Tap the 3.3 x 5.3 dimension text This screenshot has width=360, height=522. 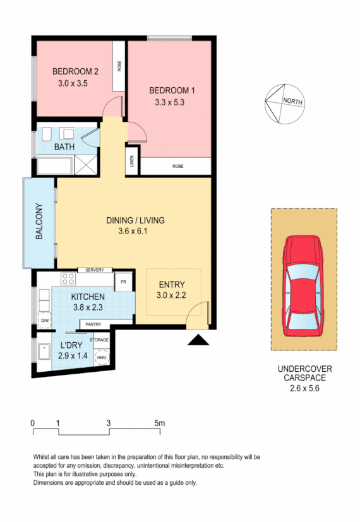(168, 102)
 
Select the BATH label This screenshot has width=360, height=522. (64, 147)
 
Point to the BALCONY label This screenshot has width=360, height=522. (39, 222)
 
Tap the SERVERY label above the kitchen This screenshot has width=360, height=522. (94, 270)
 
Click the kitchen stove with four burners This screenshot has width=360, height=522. (68, 279)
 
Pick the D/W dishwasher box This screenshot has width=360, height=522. (45, 321)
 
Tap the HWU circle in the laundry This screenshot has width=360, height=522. (102, 358)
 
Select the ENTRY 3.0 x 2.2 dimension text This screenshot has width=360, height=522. (172, 295)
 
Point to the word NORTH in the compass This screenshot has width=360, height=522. (292, 101)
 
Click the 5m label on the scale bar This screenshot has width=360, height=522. (159, 422)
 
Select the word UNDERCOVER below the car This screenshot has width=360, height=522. (304, 369)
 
